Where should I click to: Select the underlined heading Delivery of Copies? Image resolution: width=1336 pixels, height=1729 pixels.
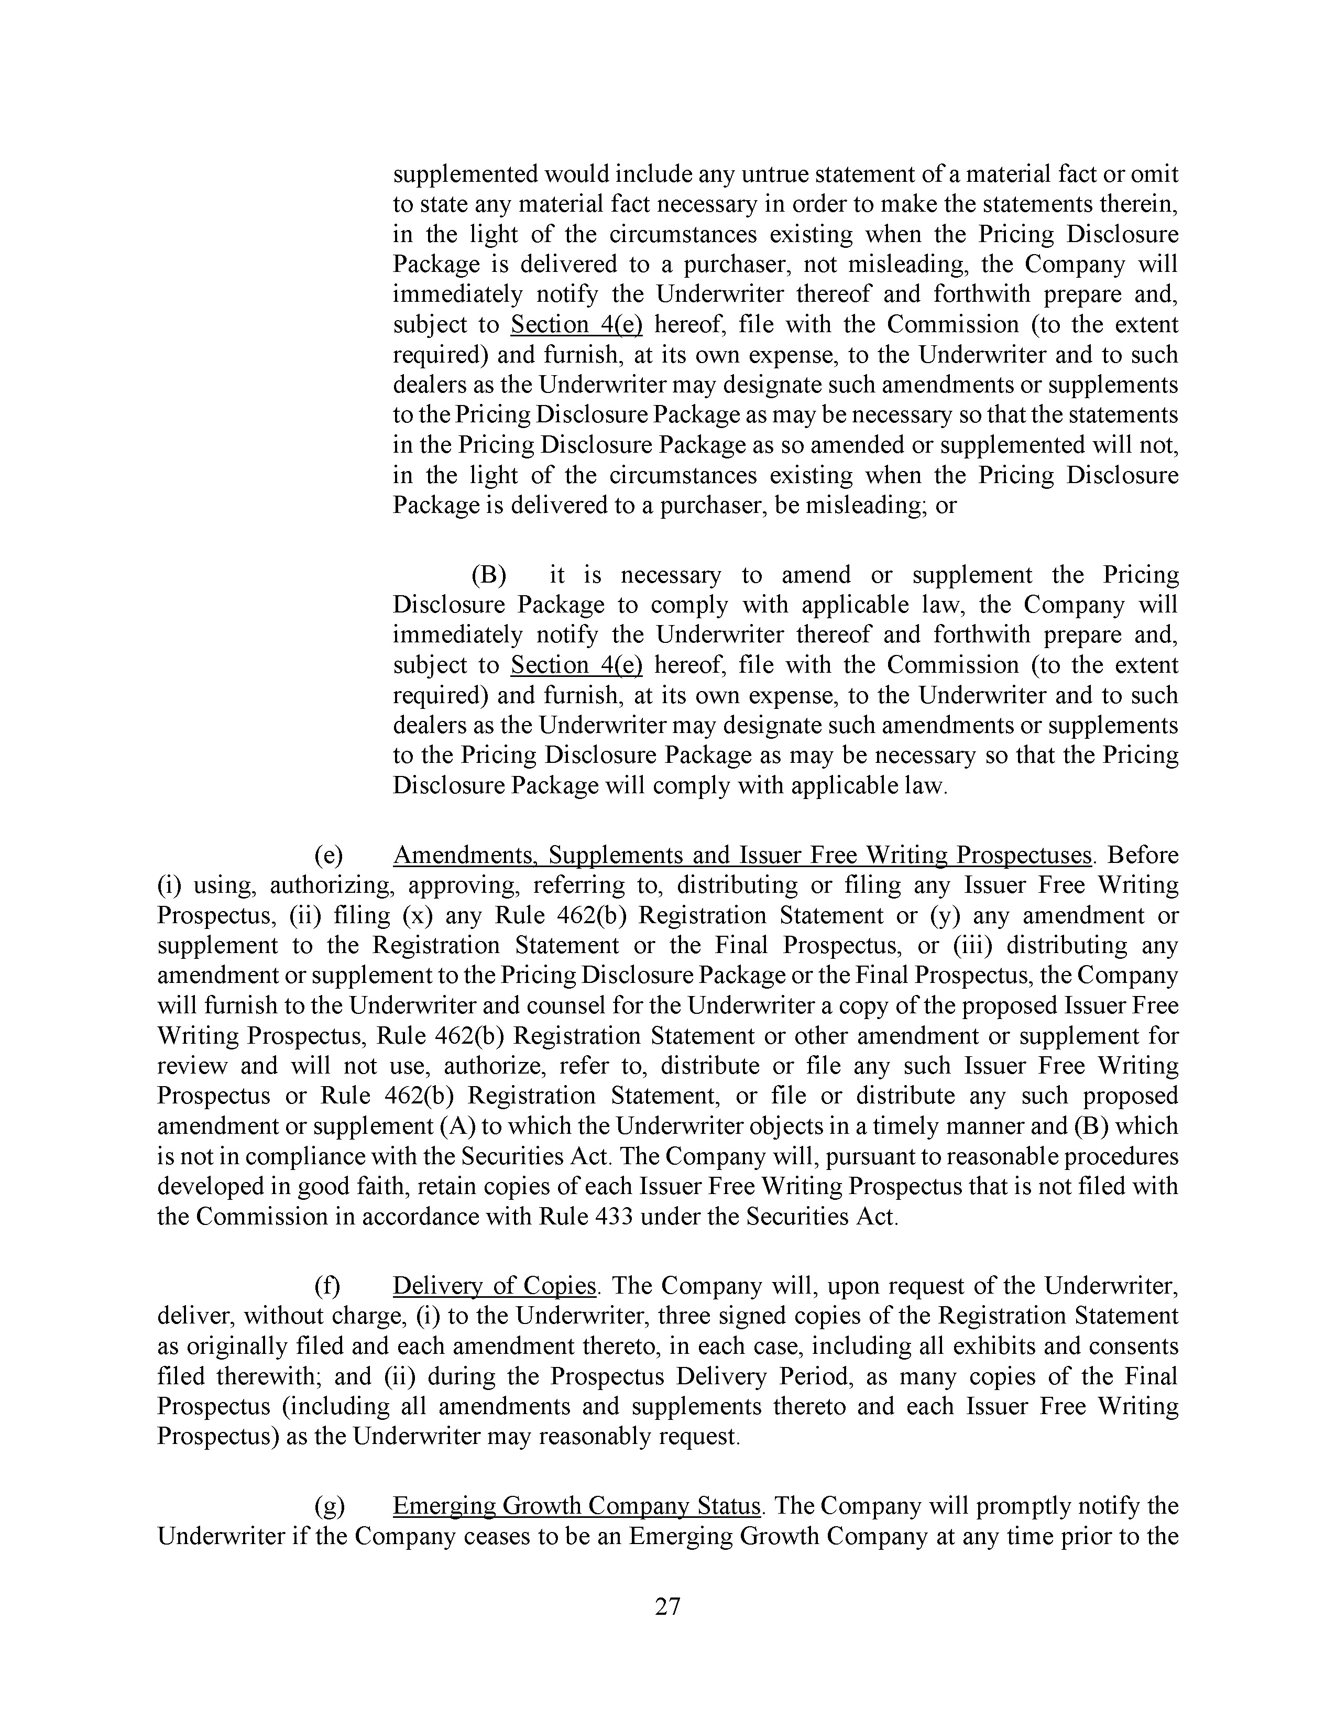pyautogui.click(x=494, y=1286)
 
